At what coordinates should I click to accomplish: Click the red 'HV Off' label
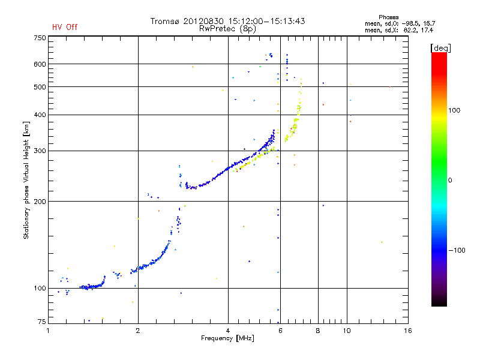pos(65,27)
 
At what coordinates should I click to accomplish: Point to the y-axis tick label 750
pos(39,38)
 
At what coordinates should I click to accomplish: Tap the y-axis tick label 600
pos(39,64)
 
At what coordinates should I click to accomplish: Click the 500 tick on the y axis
pos(39,87)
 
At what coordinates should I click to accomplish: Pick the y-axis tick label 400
pos(39,115)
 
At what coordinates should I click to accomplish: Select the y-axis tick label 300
pos(39,151)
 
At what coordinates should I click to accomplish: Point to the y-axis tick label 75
pos(41,322)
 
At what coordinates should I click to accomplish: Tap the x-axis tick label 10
pos(347,331)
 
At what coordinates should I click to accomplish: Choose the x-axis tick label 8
pos(318,331)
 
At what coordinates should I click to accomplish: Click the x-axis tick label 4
pos(228,331)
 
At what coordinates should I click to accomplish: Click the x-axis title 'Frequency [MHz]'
pos(228,339)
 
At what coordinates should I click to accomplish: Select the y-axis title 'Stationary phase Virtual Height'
pos(26,180)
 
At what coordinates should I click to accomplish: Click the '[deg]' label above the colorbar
pos(440,47)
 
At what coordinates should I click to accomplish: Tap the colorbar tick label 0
pos(450,180)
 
